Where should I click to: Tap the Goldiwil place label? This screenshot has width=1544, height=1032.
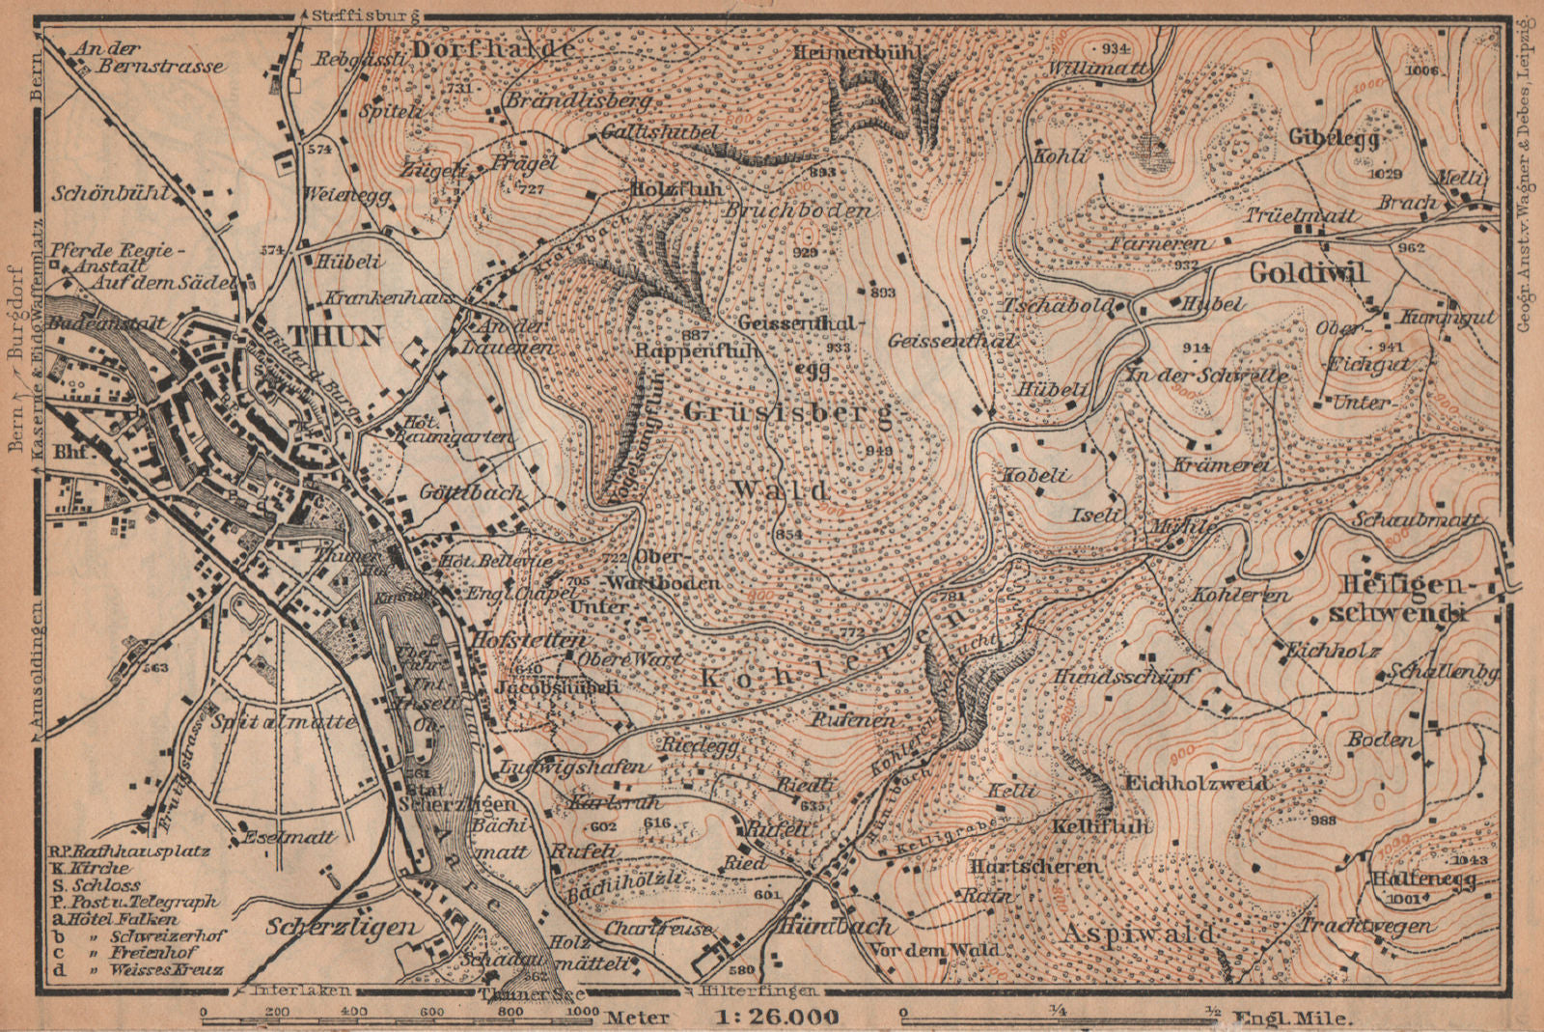click(1309, 273)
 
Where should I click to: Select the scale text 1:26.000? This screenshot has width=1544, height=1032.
click(777, 1017)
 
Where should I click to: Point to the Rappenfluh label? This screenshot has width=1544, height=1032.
click(698, 351)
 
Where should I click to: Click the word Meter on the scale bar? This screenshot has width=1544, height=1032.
click(637, 1017)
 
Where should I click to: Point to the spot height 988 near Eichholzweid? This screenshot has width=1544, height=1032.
click(1324, 820)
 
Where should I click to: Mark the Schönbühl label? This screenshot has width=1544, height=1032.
click(111, 193)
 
